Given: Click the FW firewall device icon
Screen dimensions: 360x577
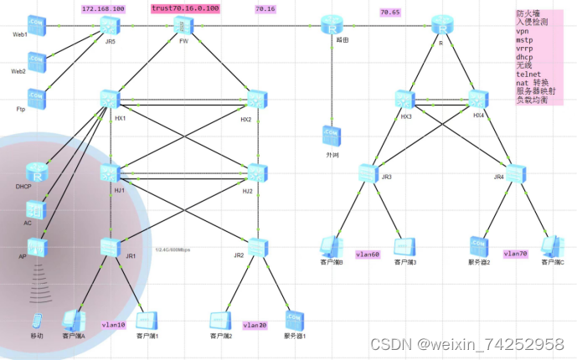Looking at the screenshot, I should (x=183, y=27).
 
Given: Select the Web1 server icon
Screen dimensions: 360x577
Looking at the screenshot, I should (x=37, y=24).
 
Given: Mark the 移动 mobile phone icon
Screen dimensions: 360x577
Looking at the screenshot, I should (x=37, y=321).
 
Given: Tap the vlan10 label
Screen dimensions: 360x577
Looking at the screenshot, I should (x=112, y=323).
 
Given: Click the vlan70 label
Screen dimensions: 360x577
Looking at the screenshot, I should (x=515, y=252).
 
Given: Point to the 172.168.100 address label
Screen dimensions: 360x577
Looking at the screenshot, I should (x=103, y=8).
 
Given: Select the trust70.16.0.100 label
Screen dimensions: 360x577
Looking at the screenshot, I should (x=185, y=8).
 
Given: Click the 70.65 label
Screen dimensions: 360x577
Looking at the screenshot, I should (x=389, y=13).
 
